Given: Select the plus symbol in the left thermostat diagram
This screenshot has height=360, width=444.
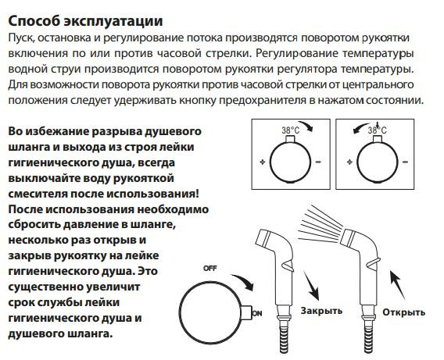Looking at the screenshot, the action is (261, 162).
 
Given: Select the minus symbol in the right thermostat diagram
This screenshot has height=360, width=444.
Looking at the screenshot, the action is (406, 162).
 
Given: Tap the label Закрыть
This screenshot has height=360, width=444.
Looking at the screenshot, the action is (321, 310).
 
